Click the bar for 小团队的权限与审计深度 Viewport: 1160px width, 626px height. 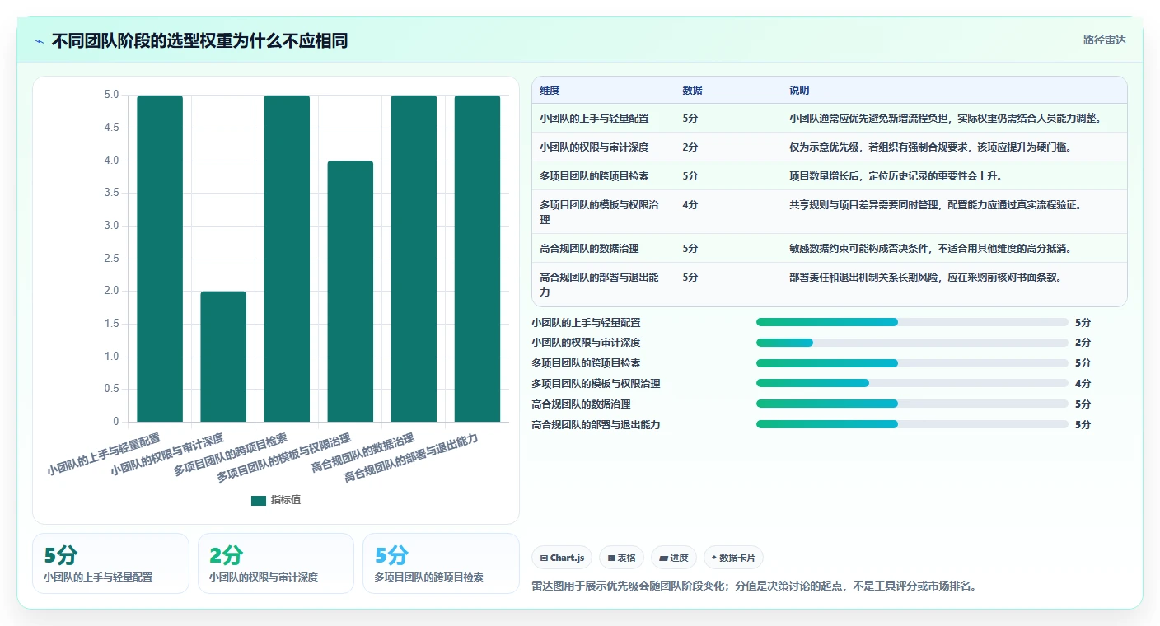tap(223, 356)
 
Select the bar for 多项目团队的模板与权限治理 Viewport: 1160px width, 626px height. tap(350, 291)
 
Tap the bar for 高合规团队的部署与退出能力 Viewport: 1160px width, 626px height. tap(477, 259)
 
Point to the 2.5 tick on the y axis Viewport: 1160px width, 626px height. tap(111, 258)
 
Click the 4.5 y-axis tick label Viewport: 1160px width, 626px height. tap(111, 128)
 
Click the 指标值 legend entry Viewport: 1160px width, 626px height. tap(275, 500)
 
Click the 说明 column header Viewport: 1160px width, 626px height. tap(799, 90)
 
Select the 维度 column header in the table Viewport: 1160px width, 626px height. tap(550, 90)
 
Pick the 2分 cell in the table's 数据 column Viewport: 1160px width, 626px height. tap(690, 147)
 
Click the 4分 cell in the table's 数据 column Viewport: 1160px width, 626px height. tap(690, 204)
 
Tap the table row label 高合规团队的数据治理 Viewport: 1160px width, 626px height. tap(589, 248)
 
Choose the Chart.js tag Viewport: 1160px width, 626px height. tap(562, 558)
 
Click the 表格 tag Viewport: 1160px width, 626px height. tap(621, 558)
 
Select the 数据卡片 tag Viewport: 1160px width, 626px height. tap(733, 558)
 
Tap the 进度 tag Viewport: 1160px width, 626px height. tap(674, 558)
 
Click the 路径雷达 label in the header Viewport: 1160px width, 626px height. tap(1105, 40)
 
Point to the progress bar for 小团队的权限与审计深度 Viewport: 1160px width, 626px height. tap(912, 343)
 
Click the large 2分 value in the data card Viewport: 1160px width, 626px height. tap(226, 555)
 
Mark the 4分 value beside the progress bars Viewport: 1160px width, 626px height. tap(1083, 383)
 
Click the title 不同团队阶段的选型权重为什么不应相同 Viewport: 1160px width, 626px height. tap(200, 40)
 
